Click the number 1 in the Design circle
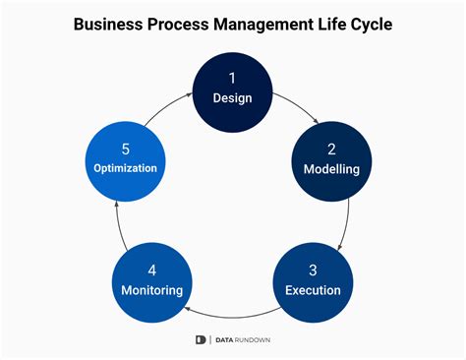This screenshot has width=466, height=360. [233, 77]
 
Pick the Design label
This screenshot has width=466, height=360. [233, 97]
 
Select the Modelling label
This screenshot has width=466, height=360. [330, 168]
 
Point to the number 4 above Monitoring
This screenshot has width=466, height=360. [153, 269]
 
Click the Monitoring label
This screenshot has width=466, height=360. [153, 290]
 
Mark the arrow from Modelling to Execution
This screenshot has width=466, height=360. [343, 222]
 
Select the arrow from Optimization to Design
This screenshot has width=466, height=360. [167, 103]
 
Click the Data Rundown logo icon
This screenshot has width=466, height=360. [201, 339]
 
